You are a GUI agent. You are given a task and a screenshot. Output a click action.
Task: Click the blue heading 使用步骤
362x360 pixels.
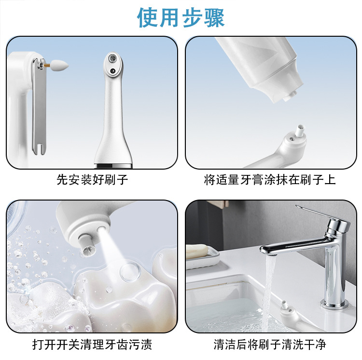[x=181, y=18]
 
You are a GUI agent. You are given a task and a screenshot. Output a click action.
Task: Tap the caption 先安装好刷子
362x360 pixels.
[x=92, y=180]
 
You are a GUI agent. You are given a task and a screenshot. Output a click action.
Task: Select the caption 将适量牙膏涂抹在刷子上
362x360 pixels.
[x=270, y=180]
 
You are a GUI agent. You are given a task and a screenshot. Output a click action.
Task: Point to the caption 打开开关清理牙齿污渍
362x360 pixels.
[x=92, y=344]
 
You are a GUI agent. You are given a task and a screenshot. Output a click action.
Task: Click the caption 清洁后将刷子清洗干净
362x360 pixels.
[x=270, y=344]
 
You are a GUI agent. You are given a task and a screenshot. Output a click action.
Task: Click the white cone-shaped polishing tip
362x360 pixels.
[x=59, y=65]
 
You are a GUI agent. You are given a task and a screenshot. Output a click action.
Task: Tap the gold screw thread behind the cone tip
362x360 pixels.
[x=47, y=66]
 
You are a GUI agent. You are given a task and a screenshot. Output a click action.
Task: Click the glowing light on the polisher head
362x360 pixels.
[x=101, y=230]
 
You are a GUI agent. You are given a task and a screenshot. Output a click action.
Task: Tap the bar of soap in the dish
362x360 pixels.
[x=197, y=252]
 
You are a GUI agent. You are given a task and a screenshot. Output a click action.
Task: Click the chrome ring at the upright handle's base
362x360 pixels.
[x=112, y=165]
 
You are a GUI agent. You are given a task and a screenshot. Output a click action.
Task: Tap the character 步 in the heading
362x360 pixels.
[x=192, y=18]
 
